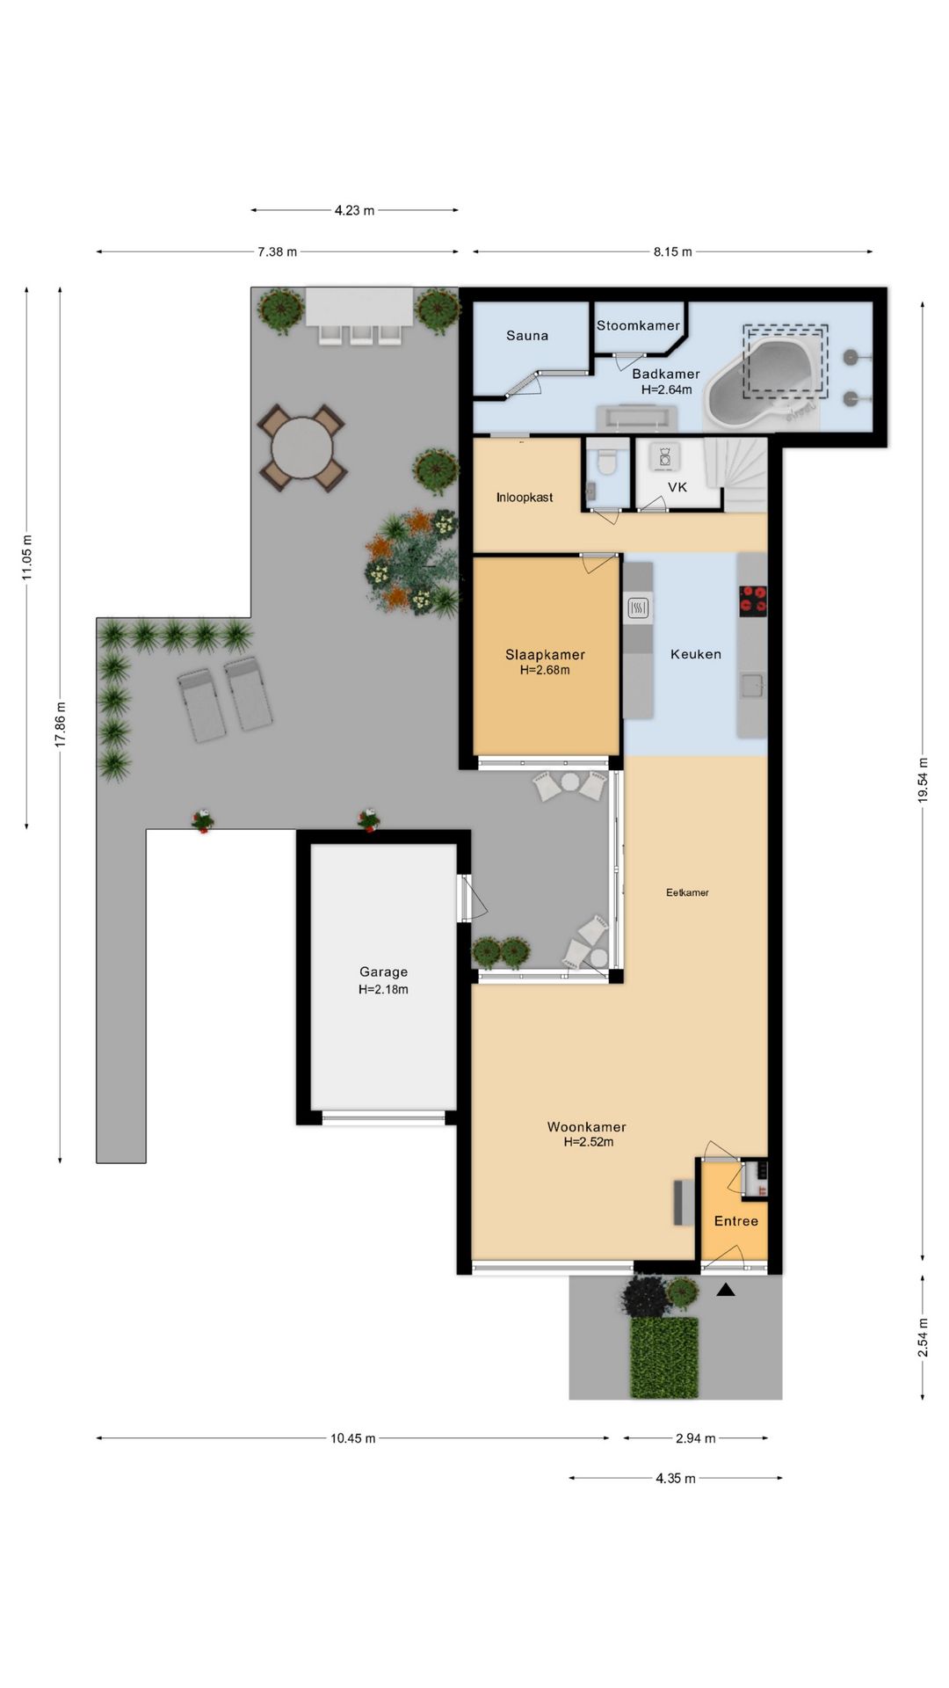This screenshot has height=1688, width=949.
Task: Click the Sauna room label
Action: (527, 335)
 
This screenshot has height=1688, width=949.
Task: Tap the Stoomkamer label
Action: (638, 325)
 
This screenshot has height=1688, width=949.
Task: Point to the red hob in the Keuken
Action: (752, 600)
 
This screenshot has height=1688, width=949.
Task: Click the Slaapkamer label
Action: (545, 654)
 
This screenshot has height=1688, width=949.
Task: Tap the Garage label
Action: (383, 971)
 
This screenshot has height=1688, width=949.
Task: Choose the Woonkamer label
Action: (587, 1126)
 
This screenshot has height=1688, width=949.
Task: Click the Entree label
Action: (736, 1220)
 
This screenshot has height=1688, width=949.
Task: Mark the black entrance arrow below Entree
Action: (726, 1290)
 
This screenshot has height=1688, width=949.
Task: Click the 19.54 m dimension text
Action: (923, 780)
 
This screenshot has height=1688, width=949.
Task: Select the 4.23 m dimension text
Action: (354, 210)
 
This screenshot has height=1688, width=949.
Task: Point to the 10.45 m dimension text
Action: (353, 1438)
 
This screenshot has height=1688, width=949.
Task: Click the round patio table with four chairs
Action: (301, 448)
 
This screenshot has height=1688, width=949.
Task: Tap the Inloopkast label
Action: (525, 498)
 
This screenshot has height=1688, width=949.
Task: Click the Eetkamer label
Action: (687, 892)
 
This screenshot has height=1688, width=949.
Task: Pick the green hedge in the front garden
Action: (664, 1357)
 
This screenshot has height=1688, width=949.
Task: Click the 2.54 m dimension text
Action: (923, 1337)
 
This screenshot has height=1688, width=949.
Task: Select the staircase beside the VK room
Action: (744, 475)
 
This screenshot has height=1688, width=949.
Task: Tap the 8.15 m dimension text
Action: (672, 251)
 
